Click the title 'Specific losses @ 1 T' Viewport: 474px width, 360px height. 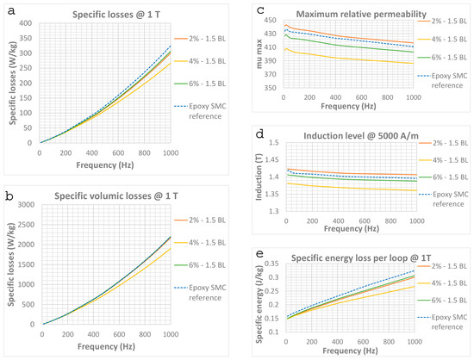click(x=116, y=15)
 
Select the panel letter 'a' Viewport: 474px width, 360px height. click(x=11, y=11)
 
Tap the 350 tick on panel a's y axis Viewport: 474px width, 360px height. click(x=25, y=38)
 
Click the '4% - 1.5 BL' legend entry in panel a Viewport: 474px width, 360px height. click(x=200, y=61)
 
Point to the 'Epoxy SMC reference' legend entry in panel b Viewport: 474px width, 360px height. click(x=200, y=293)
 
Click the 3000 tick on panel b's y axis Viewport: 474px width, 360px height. click(x=26, y=205)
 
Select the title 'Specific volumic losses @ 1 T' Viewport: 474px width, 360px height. click(x=116, y=196)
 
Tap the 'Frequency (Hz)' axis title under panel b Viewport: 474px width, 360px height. click(x=106, y=346)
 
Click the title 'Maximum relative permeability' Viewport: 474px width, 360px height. click(x=361, y=14)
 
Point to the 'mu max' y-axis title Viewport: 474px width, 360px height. click(x=259, y=54)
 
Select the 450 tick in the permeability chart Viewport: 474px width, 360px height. click(x=271, y=20)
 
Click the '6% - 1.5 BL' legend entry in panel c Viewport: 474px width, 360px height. click(x=443, y=58)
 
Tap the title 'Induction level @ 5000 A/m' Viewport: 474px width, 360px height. click(x=361, y=136)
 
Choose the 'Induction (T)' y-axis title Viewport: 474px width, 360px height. click(x=259, y=177)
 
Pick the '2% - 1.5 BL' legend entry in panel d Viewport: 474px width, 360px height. click(x=444, y=143)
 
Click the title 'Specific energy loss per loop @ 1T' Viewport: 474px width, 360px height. click(x=361, y=258)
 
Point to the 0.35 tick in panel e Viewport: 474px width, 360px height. click(x=271, y=264)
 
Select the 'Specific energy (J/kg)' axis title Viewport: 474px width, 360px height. click(x=259, y=304)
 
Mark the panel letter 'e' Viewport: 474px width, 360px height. click(x=259, y=253)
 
